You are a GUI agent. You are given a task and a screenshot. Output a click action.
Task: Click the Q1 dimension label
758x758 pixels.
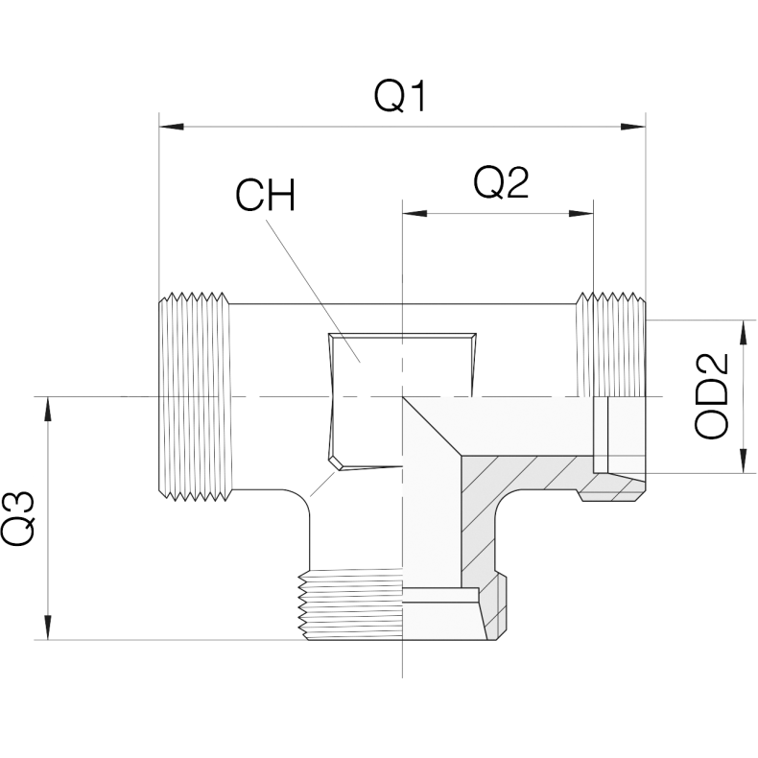(401, 96)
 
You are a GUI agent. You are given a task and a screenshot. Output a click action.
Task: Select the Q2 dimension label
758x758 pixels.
(501, 182)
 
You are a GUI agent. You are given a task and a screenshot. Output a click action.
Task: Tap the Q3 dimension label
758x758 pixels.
(18, 518)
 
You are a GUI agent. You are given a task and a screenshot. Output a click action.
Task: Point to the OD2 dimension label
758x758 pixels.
(711, 396)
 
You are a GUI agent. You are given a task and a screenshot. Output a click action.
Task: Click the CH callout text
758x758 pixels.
(265, 195)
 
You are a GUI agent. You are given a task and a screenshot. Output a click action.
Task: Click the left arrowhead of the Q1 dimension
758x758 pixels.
(172, 127)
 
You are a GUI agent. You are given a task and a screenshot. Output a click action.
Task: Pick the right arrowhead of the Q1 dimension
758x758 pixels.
(633, 127)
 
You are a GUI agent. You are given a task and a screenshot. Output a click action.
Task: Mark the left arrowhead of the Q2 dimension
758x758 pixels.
(415, 213)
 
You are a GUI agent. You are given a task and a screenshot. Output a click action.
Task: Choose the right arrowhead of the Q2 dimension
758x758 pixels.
(581, 213)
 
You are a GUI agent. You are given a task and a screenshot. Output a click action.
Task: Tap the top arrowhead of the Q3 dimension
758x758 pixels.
(47, 409)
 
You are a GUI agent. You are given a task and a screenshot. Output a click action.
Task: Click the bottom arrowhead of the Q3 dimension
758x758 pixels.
(47, 627)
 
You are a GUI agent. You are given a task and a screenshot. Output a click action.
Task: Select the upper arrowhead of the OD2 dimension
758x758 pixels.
(742, 333)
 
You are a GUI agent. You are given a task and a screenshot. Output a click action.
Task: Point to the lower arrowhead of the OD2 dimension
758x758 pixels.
(742, 461)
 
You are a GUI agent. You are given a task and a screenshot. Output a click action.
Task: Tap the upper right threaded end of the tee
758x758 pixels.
(610, 344)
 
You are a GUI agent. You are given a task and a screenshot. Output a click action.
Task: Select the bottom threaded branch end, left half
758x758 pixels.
(351, 604)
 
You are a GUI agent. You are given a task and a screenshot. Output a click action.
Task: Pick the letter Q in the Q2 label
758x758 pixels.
(487, 183)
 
